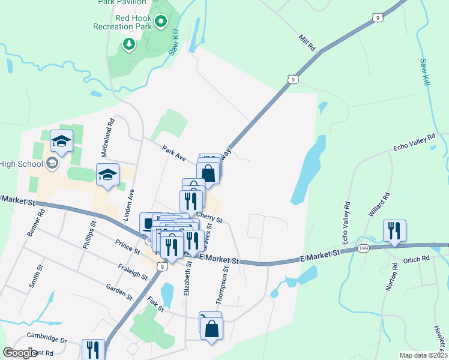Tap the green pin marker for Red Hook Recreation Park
click(161, 22)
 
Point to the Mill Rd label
click(307, 43)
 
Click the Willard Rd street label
click(380, 205)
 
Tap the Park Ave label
click(174, 152)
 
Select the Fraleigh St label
click(133, 271)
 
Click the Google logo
click(20, 353)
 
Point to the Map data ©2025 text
click(423, 355)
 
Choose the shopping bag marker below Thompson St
click(211, 329)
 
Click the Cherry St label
click(209, 217)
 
